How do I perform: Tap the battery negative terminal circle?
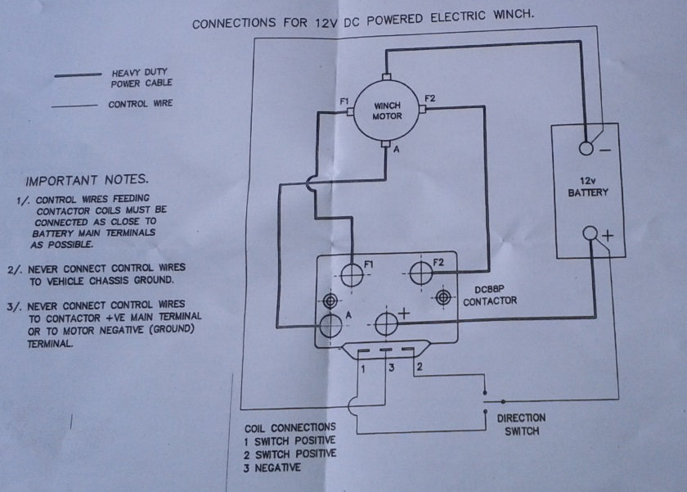(587, 148)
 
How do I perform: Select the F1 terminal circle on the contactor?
(352, 274)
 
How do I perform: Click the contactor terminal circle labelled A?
(330, 324)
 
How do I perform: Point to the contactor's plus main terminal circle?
(385, 324)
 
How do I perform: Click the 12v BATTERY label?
(588, 187)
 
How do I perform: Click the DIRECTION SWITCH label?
(521, 424)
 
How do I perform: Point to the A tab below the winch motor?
(385, 145)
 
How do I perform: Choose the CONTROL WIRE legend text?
(140, 105)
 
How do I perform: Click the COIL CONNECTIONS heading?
(290, 427)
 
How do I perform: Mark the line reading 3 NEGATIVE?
(272, 467)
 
